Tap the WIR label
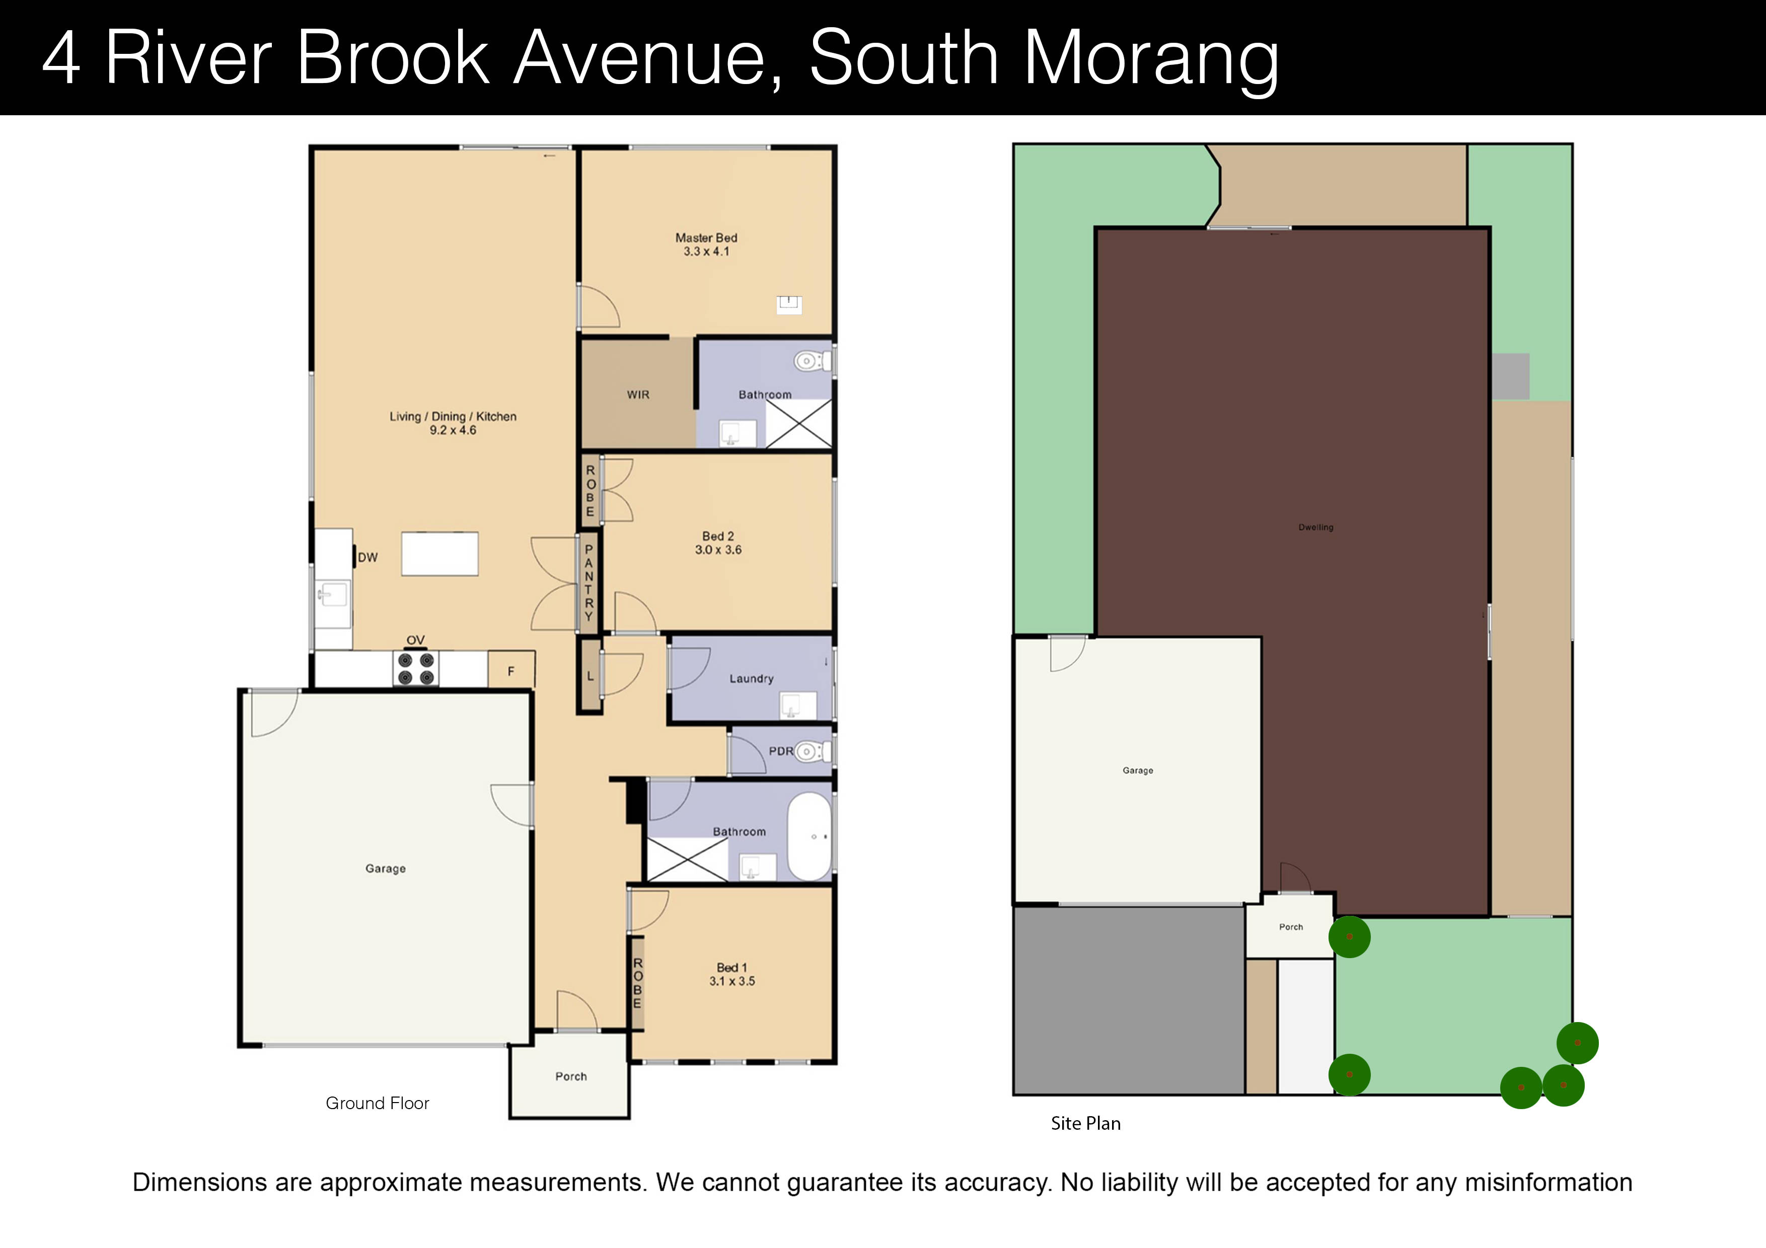click(x=638, y=395)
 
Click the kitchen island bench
click(x=439, y=554)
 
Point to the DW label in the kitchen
click(x=367, y=558)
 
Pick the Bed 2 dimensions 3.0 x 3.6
click(x=718, y=550)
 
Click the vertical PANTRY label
click(x=588, y=582)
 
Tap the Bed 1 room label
click(x=731, y=967)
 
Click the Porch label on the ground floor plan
click(x=571, y=1076)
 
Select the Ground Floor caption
click(x=377, y=1104)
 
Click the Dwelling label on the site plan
click(x=1315, y=527)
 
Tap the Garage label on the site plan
click(x=1138, y=770)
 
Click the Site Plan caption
click(x=1085, y=1123)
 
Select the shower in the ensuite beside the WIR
click(x=798, y=423)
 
